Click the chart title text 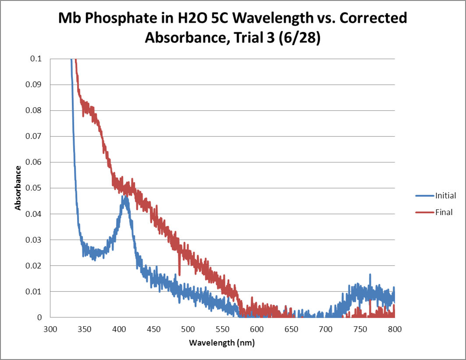click(233, 28)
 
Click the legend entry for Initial click(445, 196)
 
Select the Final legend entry click(444, 212)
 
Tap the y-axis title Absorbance click(18, 188)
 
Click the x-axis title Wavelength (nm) click(222, 342)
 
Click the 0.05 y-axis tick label click(38, 188)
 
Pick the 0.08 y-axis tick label click(38, 110)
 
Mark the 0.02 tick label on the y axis click(38, 266)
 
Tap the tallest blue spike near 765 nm click(370, 275)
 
